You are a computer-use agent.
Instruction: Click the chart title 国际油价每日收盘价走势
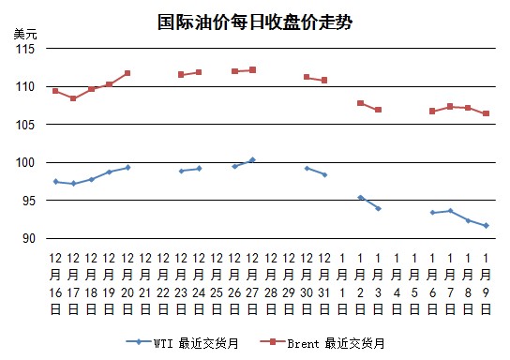coord(255,22)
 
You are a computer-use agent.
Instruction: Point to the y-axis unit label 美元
coord(25,34)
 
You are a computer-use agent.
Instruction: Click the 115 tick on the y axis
coord(25,49)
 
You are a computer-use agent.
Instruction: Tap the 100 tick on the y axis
coord(25,162)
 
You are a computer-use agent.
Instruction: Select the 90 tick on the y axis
coord(29,238)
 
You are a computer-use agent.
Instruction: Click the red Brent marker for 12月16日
coord(55,91)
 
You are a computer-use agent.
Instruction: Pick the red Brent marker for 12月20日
coord(127,73)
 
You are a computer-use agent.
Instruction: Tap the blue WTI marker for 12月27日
coord(253,160)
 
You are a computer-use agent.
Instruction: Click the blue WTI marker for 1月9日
coord(486,226)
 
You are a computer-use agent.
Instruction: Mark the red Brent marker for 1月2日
coord(360,103)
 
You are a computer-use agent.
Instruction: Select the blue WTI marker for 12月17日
coord(73,184)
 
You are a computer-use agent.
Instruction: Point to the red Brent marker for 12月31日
coord(324,81)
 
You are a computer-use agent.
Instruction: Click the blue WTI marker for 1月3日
coord(378,208)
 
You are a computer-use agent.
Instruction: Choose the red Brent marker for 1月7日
coord(450,106)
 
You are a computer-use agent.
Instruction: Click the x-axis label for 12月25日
coord(217,284)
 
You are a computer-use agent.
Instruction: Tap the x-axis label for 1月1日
coord(342,284)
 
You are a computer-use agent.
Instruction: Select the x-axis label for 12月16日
coord(55,284)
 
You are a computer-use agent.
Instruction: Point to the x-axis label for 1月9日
coord(486,284)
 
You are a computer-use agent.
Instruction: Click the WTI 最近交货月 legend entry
coord(183,343)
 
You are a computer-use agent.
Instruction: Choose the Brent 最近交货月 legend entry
coord(322,343)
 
